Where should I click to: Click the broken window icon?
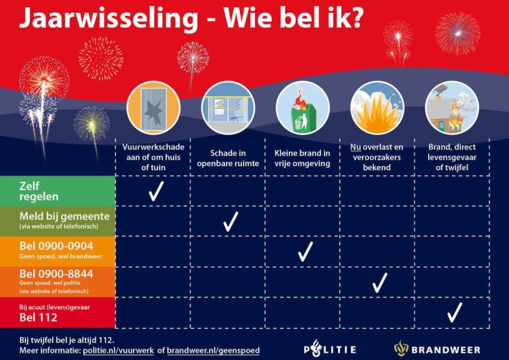pyautogui.click(x=153, y=108)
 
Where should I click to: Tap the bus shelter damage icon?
pyautogui.click(x=228, y=108)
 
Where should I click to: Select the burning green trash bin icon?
pyautogui.click(x=302, y=108)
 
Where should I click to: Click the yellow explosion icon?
pyautogui.click(x=377, y=108)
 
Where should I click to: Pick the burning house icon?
pyautogui.click(x=452, y=108)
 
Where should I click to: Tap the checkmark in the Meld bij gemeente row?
pyautogui.click(x=230, y=221)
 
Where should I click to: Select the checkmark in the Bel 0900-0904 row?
pyautogui.click(x=305, y=251)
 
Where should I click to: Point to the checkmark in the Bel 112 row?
pyautogui.click(x=454, y=313)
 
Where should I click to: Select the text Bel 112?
pyautogui.click(x=38, y=318)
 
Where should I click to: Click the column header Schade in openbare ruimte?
pyautogui.click(x=228, y=159)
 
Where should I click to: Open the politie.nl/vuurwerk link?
pyautogui.click(x=118, y=351)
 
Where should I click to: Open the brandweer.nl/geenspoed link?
pyautogui.click(x=213, y=351)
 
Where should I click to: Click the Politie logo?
pyautogui.click(x=330, y=350)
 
